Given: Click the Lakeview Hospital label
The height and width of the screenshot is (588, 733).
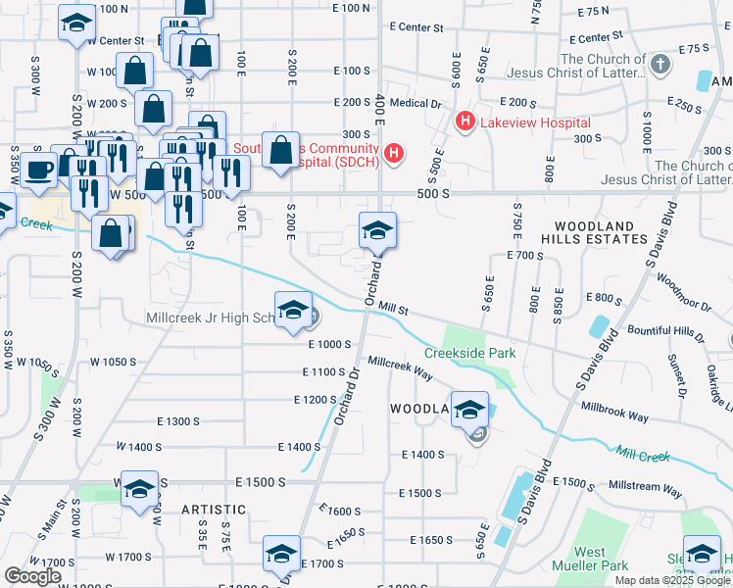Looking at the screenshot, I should [x=534, y=122].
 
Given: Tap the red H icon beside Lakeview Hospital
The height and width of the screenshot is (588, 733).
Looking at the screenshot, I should [x=464, y=122].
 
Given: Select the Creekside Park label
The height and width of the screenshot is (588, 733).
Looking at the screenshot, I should [x=469, y=353].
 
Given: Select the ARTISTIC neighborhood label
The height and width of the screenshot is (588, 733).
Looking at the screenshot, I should [x=213, y=510].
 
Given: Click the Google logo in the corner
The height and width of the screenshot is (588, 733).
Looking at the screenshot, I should [x=32, y=576].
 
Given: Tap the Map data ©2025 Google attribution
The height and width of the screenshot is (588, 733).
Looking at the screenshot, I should [x=672, y=580].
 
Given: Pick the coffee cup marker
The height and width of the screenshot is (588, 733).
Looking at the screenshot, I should [x=38, y=170].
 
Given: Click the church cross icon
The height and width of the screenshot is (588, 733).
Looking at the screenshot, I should [x=660, y=66].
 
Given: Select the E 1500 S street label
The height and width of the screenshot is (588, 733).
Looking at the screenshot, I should [x=261, y=482].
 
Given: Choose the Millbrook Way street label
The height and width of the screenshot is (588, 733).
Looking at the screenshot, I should [x=614, y=411].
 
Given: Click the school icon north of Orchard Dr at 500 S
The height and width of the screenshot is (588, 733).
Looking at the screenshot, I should [x=377, y=230].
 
